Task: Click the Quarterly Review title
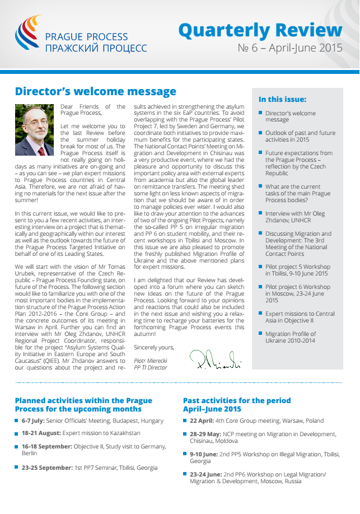point(260,30)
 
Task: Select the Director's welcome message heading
point(96,91)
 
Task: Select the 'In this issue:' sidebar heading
point(282,100)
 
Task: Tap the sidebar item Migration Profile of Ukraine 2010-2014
point(291,337)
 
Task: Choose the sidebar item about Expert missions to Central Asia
point(292,318)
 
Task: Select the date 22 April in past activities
point(202,420)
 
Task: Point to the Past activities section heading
point(237,405)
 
